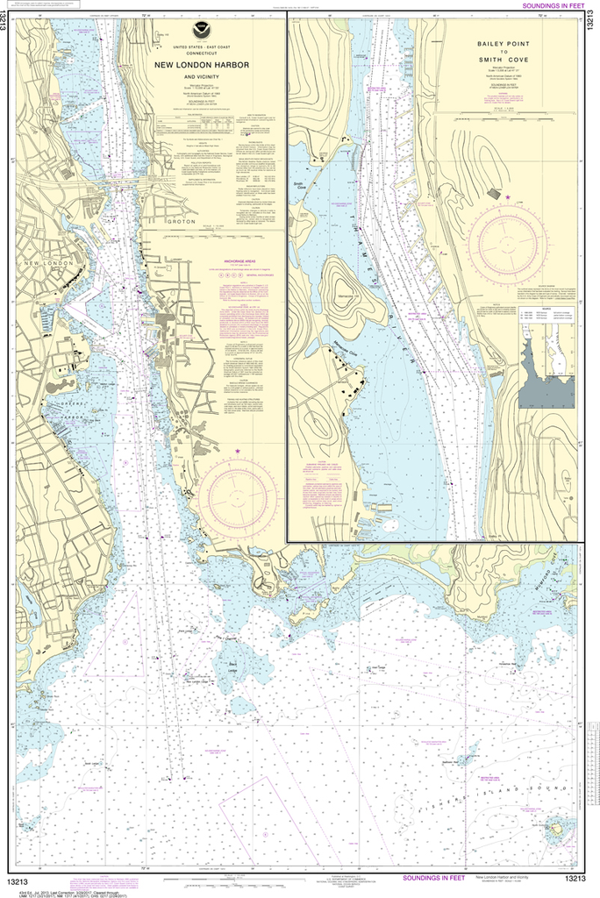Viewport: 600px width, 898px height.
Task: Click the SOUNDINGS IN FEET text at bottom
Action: (434, 878)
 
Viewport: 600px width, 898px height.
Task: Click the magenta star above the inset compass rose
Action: (508, 197)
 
